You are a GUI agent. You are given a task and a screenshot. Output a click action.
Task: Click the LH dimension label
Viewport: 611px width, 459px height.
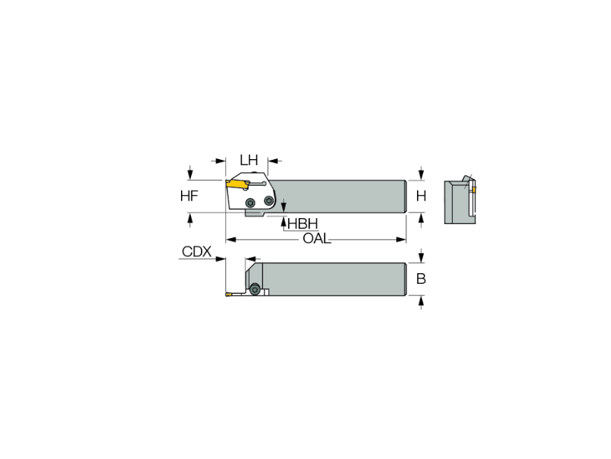pyautogui.click(x=249, y=160)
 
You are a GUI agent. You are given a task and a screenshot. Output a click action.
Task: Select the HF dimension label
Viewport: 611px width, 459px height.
pyautogui.click(x=189, y=196)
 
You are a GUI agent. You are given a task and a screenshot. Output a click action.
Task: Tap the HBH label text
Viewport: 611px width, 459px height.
pyautogui.click(x=302, y=223)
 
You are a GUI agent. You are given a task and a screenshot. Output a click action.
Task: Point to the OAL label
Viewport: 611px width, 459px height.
pyautogui.click(x=317, y=239)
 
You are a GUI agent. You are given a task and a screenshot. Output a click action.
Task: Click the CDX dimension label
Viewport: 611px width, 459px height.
pyautogui.click(x=197, y=252)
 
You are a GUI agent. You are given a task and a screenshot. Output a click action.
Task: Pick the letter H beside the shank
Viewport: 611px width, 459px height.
pyautogui.click(x=421, y=196)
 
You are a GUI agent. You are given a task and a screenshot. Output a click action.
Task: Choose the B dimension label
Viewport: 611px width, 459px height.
pyautogui.click(x=421, y=278)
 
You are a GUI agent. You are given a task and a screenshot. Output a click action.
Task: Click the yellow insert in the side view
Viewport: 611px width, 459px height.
pyautogui.click(x=238, y=184)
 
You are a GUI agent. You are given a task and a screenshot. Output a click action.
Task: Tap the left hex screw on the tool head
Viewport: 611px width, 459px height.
pyautogui.click(x=251, y=203)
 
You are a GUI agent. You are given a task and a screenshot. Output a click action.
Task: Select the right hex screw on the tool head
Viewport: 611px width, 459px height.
pyautogui.click(x=269, y=200)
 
